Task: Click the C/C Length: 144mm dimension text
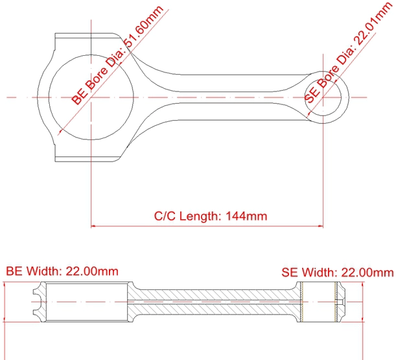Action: point(211,217)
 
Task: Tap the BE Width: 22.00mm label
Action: point(62,271)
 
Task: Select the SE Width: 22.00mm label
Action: point(338,272)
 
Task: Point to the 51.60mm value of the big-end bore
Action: point(144,26)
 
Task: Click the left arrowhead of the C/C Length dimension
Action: point(93,226)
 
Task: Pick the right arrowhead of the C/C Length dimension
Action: point(321,226)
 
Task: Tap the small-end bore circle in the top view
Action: point(342,97)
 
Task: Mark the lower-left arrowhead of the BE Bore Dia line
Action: point(60,132)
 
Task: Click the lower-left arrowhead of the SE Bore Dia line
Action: point(307,116)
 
